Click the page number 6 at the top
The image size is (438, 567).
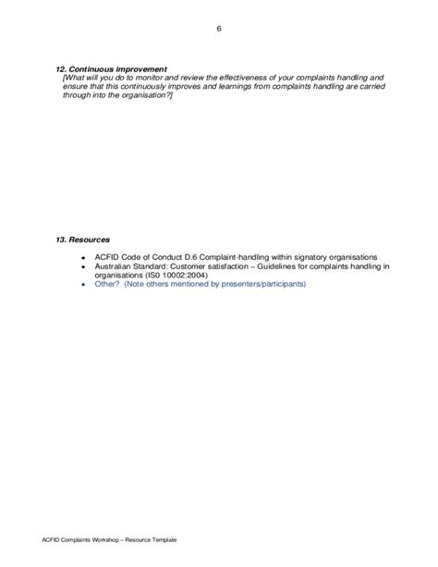pos(219,28)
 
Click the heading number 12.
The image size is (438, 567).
pos(62,69)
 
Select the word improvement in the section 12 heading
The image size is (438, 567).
pos(141,69)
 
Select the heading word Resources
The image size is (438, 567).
pos(91,240)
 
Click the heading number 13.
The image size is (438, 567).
pos(62,240)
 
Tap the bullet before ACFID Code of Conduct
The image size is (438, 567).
pos(82,256)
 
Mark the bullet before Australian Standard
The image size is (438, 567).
pos(82,265)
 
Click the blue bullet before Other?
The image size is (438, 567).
pos(82,284)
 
